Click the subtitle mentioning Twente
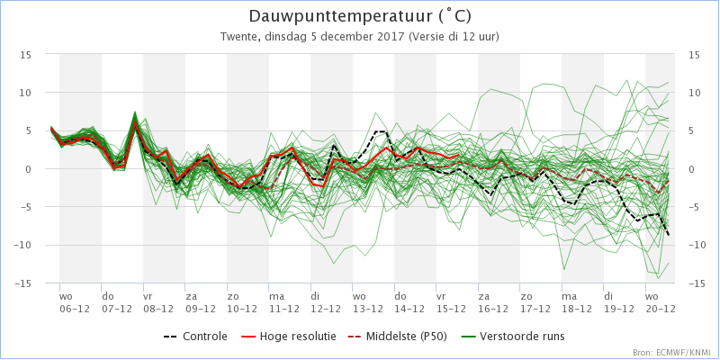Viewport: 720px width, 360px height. (359, 37)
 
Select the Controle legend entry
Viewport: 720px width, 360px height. (195, 337)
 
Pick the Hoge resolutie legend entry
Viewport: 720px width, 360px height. (288, 337)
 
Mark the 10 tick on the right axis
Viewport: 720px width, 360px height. (694, 93)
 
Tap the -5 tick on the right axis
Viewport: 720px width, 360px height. (694, 207)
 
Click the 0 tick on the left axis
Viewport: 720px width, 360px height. (29, 169)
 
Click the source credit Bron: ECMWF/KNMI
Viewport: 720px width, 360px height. (671, 353)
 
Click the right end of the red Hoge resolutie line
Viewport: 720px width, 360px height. (459, 155)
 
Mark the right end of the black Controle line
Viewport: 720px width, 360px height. (668, 235)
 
